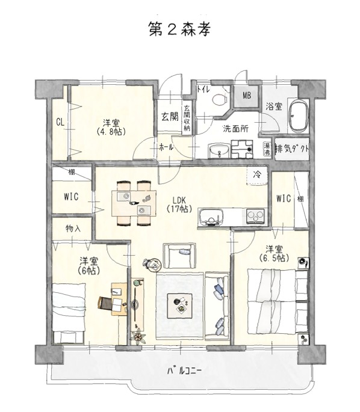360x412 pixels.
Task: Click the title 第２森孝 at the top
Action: coord(179,29)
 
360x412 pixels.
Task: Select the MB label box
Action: coord(246,96)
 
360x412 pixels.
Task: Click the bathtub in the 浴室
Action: coord(299,116)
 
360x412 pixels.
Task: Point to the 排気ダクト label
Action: coord(292,149)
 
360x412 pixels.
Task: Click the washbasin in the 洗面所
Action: coord(219,152)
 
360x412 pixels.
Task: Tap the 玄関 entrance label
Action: coord(170,117)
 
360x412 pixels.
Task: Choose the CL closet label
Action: coord(60,122)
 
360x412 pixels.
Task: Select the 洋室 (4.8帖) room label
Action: coord(111,127)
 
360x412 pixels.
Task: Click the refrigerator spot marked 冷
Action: coord(257,174)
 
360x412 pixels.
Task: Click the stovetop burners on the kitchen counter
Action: coord(255,217)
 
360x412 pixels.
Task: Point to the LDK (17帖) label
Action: coord(179,204)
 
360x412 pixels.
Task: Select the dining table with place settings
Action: coord(134,203)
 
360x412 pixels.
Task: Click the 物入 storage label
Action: coord(73,229)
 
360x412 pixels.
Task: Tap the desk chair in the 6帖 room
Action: coord(104,303)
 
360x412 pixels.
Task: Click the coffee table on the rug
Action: coord(180,306)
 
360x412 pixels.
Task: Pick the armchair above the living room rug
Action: coord(179,256)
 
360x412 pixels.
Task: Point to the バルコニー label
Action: coord(184,370)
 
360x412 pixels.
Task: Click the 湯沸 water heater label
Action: coord(267,149)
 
